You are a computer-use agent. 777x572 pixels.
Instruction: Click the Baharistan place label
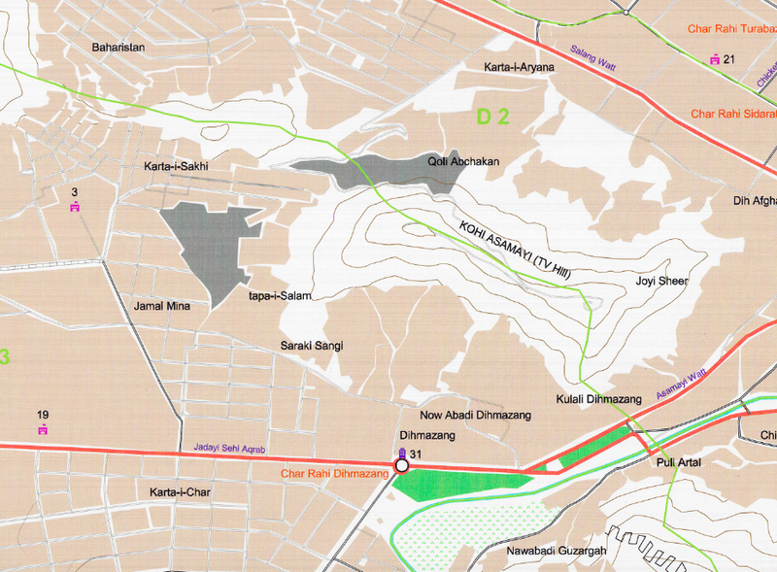tap(118, 47)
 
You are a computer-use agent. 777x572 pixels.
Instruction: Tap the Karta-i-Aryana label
tap(519, 67)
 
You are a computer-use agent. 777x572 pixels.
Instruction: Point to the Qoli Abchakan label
tap(462, 162)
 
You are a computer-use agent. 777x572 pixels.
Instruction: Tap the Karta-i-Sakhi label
tap(176, 167)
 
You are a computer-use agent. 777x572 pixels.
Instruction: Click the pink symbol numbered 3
tap(75, 207)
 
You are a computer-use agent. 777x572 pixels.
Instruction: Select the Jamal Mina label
tap(163, 306)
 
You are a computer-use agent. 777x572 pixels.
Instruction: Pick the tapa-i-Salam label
tap(280, 296)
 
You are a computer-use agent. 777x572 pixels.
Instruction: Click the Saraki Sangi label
tap(312, 345)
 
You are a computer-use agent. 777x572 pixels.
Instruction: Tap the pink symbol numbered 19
tap(43, 428)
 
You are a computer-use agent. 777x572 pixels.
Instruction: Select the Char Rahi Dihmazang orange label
tap(333, 474)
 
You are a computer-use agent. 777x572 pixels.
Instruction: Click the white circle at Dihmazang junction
tap(402, 465)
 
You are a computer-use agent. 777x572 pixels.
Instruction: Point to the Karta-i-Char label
tap(180, 492)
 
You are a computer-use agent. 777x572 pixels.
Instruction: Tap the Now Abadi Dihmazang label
tap(475, 416)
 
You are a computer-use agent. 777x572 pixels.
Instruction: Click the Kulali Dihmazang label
tap(599, 399)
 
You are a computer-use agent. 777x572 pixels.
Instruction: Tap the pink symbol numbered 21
tap(716, 60)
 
